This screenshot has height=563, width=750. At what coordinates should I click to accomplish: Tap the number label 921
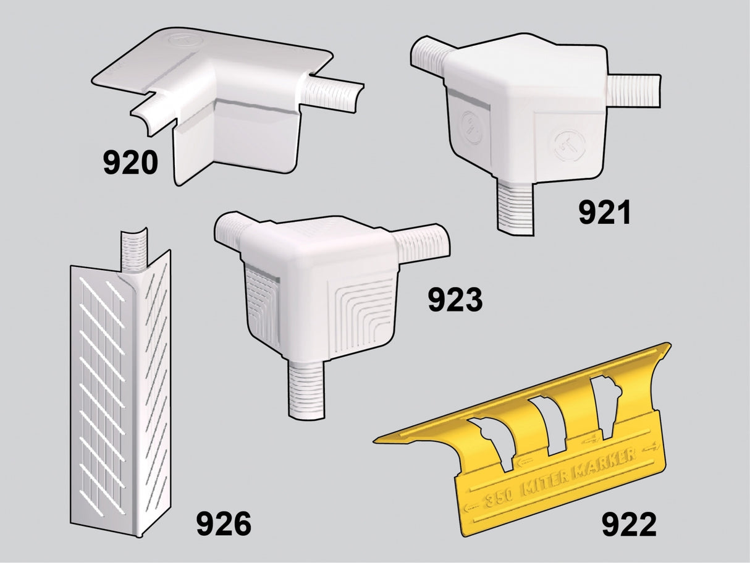click(x=605, y=213)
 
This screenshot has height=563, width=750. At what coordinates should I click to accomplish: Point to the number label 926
click(x=224, y=524)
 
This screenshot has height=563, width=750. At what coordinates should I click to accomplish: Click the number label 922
click(x=629, y=525)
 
